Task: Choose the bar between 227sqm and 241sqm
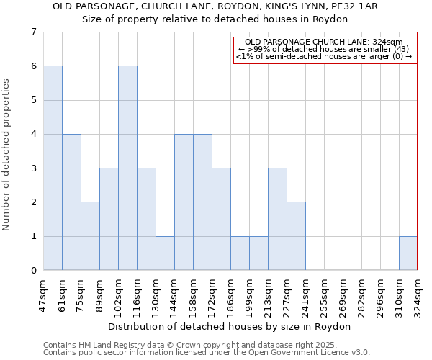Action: pos(296,236)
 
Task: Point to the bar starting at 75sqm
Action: pos(90,236)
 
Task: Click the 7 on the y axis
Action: pos(33,32)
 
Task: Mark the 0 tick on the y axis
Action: pos(33,271)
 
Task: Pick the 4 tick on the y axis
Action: pos(33,134)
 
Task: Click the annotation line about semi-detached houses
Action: pos(325,56)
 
